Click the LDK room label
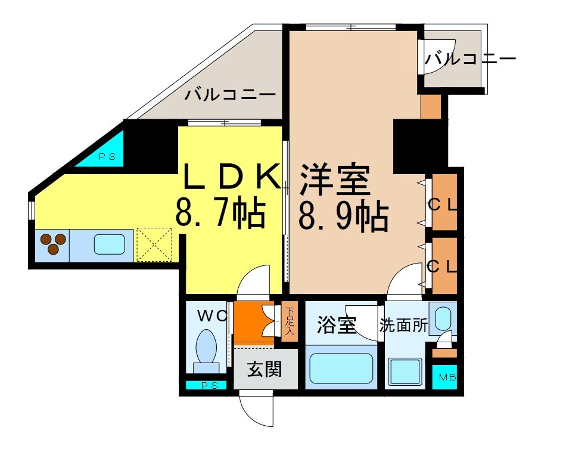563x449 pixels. pyautogui.click(x=231, y=177)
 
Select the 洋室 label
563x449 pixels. pyautogui.click(x=335, y=179)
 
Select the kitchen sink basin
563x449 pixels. pyautogui.click(x=110, y=244)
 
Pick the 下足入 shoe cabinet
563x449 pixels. pyautogui.click(x=290, y=321)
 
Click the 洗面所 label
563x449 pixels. pyautogui.click(x=403, y=326)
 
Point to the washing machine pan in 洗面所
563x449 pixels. pyautogui.click(x=405, y=373)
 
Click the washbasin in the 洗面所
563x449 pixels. pyautogui.click(x=443, y=318)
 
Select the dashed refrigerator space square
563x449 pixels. pyautogui.click(x=154, y=244)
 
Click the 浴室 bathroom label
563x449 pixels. pyautogui.click(x=337, y=326)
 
